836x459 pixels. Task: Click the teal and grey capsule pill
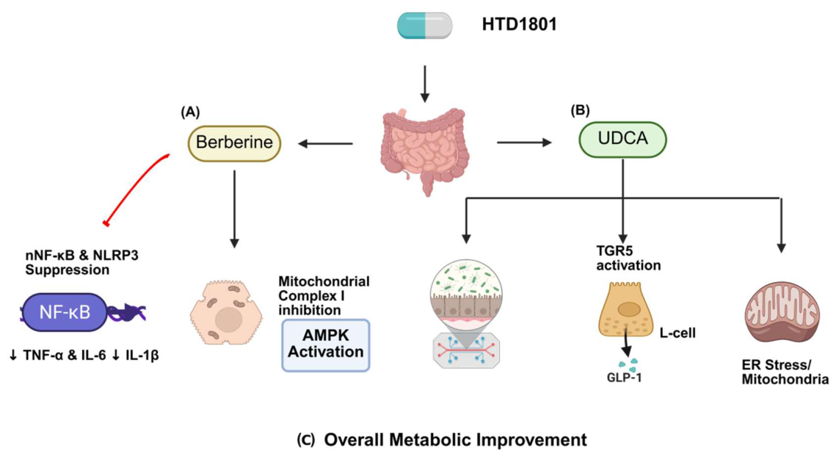(424, 25)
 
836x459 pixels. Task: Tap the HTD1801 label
(520, 24)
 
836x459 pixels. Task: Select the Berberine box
(234, 142)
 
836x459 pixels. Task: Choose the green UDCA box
(622, 140)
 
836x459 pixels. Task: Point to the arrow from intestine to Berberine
(325, 143)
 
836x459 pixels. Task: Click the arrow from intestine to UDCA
(524, 142)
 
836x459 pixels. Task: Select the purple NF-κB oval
(65, 312)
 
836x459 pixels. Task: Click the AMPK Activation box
(326, 344)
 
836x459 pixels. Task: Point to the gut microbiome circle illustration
(466, 314)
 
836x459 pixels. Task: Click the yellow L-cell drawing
(626, 310)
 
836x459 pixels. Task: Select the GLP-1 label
(624, 378)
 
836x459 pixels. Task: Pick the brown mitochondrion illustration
(782, 312)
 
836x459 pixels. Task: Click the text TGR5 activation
(628, 258)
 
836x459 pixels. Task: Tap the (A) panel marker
(190, 112)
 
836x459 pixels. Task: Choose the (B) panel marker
(580, 110)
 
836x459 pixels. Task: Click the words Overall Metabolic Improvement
(455, 440)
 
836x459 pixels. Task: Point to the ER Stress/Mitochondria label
(785, 372)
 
